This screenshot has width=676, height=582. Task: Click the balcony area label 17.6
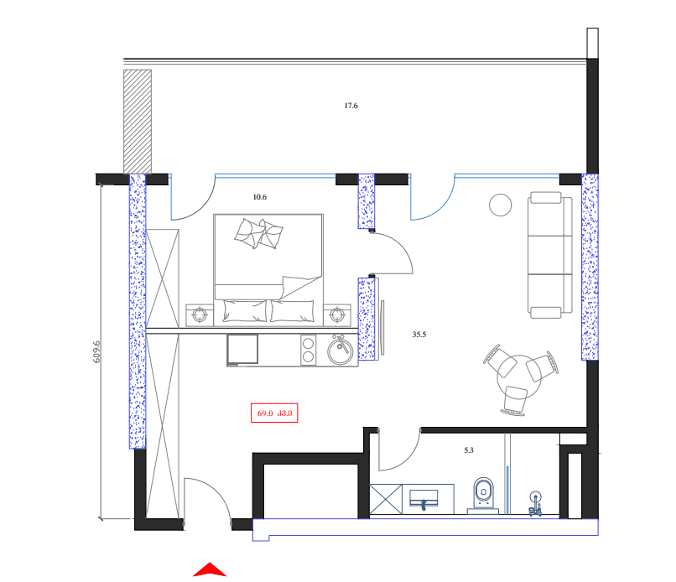[x=351, y=106]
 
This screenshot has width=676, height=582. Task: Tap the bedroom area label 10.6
[x=259, y=198]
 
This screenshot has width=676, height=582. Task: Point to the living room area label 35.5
[x=419, y=334]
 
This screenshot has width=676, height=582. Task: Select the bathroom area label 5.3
[x=469, y=450]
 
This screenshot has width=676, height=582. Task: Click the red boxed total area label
[x=274, y=412]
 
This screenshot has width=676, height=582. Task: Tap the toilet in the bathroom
[x=484, y=493]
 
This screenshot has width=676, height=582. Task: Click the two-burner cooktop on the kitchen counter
[x=308, y=350]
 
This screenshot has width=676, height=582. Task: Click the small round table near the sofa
[x=502, y=204]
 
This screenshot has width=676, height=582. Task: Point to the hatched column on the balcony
[x=137, y=120]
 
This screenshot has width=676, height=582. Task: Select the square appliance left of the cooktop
[x=244, y=350]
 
